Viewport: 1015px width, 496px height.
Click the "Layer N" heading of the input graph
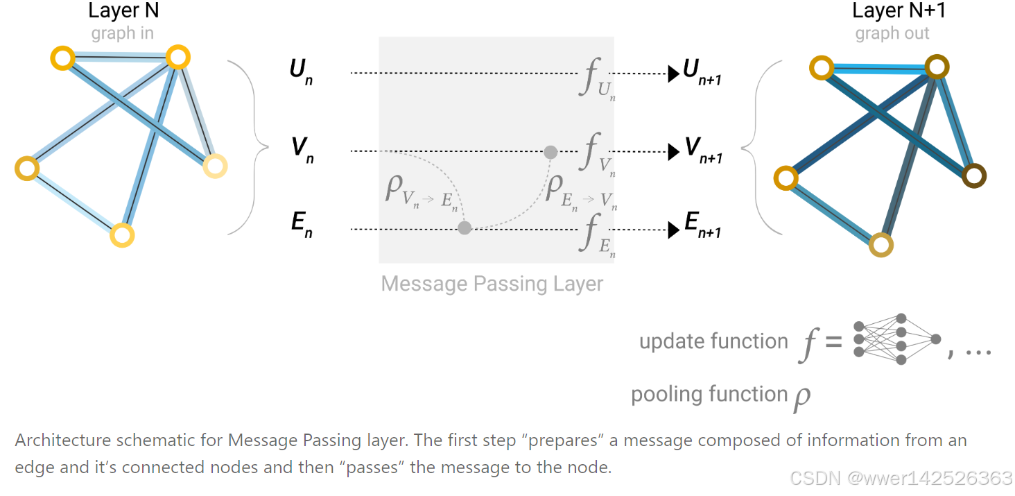pos(123,12)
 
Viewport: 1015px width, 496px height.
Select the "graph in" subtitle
pos(123,33)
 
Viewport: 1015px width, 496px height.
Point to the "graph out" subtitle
pos(892,33)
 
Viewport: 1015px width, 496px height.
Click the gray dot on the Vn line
pos(550,152)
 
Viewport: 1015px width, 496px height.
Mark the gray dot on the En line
pos(465,228)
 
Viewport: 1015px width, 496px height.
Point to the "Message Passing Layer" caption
pos(492,284)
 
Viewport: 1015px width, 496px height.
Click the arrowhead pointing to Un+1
pos(673,74)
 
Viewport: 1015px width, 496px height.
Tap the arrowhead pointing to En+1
pos(673,230)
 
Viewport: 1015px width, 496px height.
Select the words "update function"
pos(713,341)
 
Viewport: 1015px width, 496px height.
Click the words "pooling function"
pos(709,394)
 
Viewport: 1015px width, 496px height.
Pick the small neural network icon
pos(897,339)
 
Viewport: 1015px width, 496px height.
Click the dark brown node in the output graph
pos(973,176)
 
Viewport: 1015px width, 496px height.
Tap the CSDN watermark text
pos(901,479)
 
